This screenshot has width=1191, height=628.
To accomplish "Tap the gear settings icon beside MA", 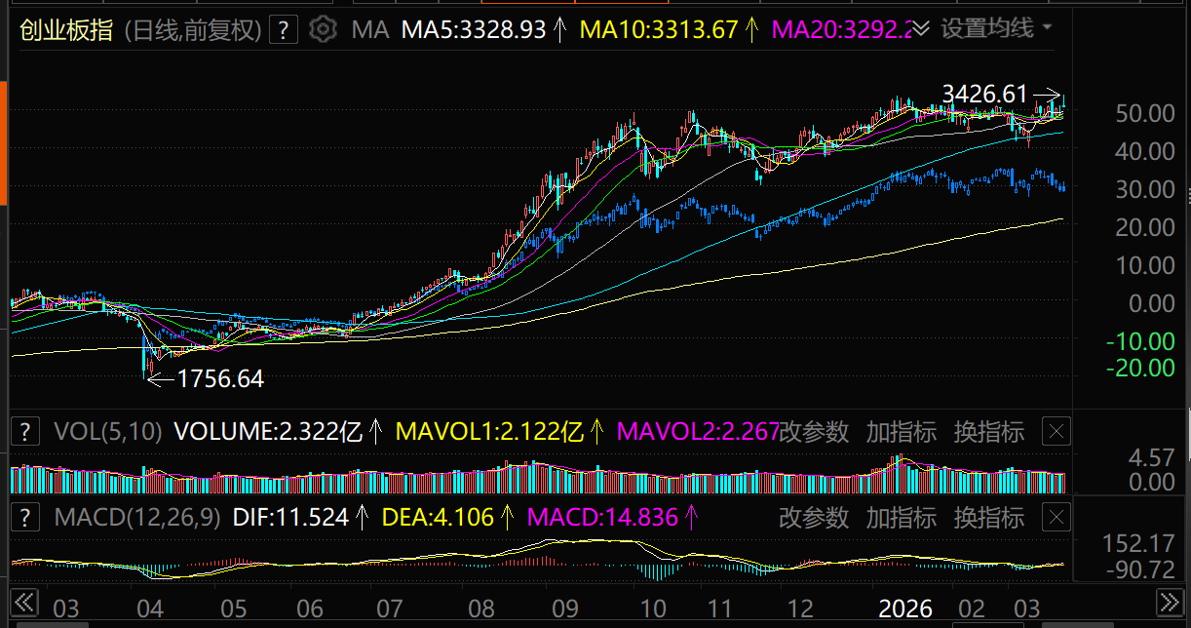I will click(x=322, y=29).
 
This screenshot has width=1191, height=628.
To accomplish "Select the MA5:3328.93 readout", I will click(x=475, y=30).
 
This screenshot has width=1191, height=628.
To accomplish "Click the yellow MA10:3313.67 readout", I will click(x=659, y=30).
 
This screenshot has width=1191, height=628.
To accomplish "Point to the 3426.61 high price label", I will click(x=984, y=94).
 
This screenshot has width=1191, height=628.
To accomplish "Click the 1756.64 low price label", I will click(x=220, y=378).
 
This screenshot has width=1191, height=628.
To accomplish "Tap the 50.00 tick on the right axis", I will click(x=1145, y=113).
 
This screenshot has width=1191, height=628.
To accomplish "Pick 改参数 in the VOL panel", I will click(x=814, y=431).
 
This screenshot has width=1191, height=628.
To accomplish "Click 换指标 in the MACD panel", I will click(x=989, y=517).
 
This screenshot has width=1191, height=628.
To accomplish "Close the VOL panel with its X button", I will click(x=1057, y=431).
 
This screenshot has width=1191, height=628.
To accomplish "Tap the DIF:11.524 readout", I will click(x=290, y=517).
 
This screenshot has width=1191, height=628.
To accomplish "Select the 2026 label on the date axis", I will click(x=906, y=609).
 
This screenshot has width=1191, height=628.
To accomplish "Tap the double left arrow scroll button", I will click(x=23, y=600).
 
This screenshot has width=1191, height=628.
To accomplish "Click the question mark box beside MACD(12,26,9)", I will click(x=25, y=517).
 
